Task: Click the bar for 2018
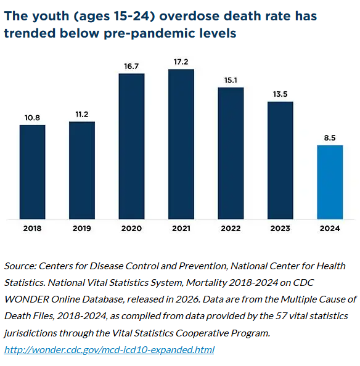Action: coord(32,171)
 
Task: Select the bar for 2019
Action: coord(82,170)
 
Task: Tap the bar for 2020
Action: coord(131,146)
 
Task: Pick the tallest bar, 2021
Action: coord(181,144)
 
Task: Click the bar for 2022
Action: coord(231,153)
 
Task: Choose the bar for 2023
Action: coord(280,160)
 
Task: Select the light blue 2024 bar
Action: coord(330,182)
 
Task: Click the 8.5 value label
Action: coord(330,138)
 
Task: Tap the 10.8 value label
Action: coord(32,118)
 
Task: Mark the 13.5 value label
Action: coord(280,94)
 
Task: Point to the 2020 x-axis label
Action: coord(131,229)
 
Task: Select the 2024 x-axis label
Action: coord(330,229)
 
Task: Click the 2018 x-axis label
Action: coord(32,229)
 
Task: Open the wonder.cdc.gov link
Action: coord(109,350)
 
